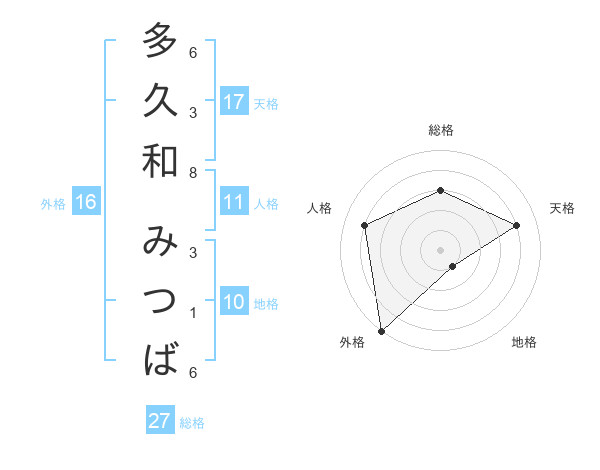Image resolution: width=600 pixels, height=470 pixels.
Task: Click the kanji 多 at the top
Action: click(x=160, y=41)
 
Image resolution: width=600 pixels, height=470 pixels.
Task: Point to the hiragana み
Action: click(x=160, y=243)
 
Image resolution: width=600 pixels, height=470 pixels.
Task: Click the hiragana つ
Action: click(x=160, y=301)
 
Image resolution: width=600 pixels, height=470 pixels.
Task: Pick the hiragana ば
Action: click(x=160, y=360)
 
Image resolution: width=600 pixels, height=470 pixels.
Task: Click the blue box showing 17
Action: click(x=234, y=101)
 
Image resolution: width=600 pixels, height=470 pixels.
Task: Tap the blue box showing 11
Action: click(x=234, y=202)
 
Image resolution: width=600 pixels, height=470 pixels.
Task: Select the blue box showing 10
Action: click(x=234, y=302)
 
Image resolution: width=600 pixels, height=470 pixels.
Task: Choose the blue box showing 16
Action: click(x=85, y=202)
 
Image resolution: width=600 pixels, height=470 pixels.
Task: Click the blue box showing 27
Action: click(x=159, y=420)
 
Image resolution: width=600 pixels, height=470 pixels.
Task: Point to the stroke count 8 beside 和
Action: click(x=193, y=171)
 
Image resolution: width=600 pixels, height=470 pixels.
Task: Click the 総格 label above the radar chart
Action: click(x=440, y=130)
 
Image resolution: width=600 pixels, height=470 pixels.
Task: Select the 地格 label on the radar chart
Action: click(x=524, y=342)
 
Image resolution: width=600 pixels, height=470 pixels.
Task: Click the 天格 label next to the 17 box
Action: click(x=266, y=103)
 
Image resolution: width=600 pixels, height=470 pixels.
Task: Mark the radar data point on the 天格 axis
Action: click(x=517, y=225)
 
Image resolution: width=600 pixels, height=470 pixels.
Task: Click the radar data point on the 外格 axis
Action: click(x=381, y=330)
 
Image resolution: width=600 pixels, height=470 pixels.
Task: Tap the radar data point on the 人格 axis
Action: click(x=365, y=225)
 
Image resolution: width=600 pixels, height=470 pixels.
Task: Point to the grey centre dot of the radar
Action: click(x=440, y=249)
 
